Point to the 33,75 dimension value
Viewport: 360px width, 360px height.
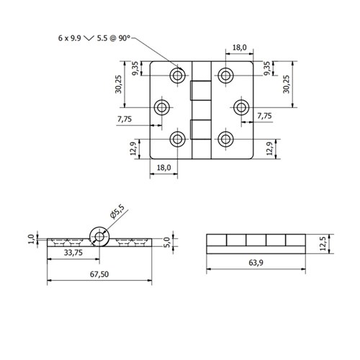(x=72, y=253)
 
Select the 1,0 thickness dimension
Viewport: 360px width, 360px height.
(x=31, y=238)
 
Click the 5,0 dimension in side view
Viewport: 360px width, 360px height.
(x=166, y=240)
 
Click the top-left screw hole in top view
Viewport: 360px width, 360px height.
(x=177, y=76)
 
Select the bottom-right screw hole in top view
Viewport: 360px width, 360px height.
(x=227, y=139)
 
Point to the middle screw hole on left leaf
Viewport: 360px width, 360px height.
(x=163, y=107)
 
